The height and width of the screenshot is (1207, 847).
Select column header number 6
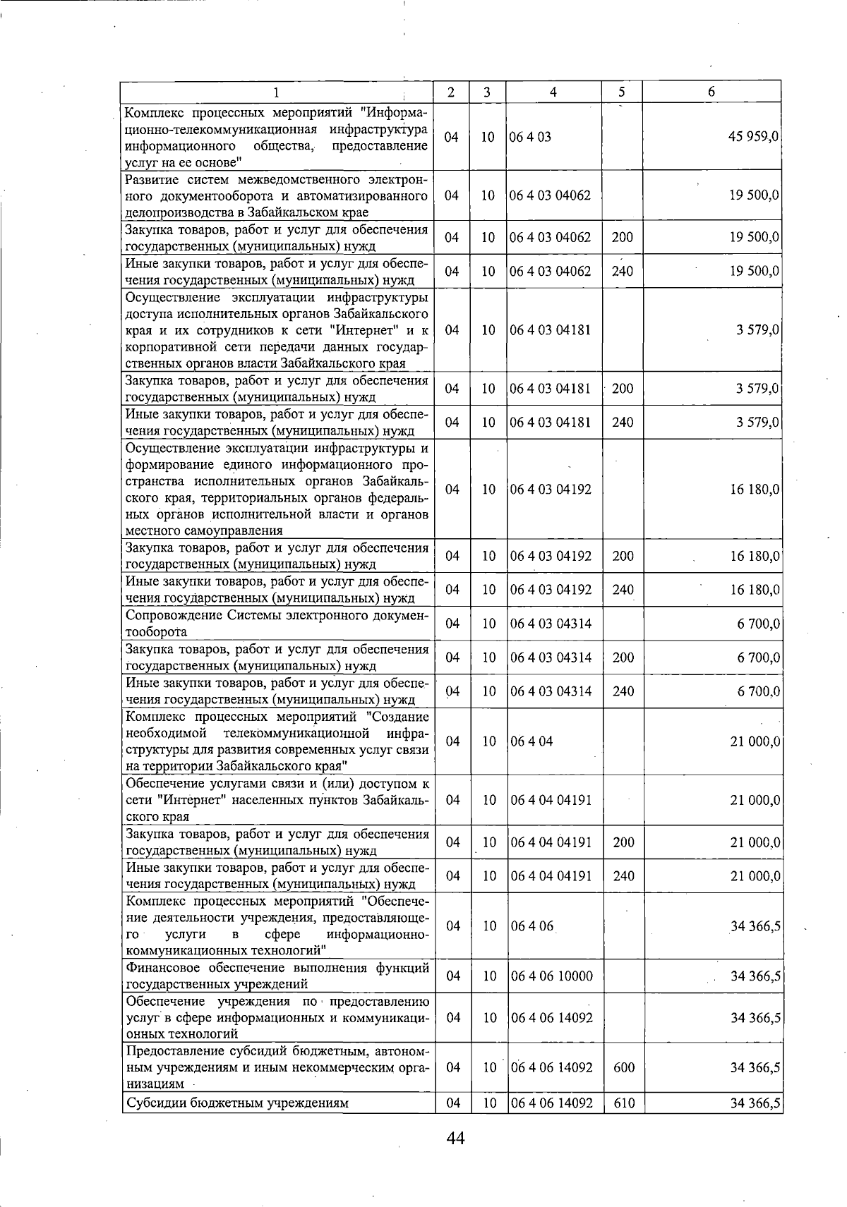(711, 92)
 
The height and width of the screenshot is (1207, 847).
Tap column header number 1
(276, 92)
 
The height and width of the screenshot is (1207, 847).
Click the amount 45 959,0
(753, 137)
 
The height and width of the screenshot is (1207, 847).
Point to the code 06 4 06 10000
(551, 976)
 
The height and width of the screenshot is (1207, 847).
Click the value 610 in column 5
(623, 1103)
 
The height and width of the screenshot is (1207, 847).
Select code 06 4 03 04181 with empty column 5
(551, 330)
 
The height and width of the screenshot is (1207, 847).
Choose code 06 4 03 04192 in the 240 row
(551, 590)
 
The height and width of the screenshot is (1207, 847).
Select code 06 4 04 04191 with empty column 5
(551, 801)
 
